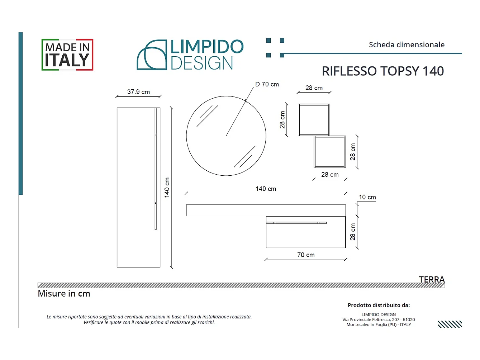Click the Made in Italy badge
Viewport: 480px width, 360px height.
pyautogui.click(x=67, y=55)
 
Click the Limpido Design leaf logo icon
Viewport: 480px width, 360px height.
pyautogui.click(x=152, y=55)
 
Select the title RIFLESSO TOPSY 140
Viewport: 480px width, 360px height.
pyautogui.click(x=382, y=71)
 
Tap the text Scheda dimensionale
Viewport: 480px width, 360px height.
pyautogui.click(x=407, y=45)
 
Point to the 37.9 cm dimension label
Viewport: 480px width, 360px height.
pyautogui.click(x=138, y=92)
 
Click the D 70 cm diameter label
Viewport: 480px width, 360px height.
pyautogui.click(x=267, y=84)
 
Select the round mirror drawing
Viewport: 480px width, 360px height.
pyautogui.click(x=226, y=136)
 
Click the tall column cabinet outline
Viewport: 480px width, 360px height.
pyautogui.click(x=138, y=187)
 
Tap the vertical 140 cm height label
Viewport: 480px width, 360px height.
pyautogui.click(x=167, y=188)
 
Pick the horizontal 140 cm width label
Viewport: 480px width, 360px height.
pyautogui.click(x=266, y=189)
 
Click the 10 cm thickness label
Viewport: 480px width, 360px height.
pyautogui.click(x=367, y=197)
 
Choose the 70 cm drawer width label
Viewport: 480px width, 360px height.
pyautogui.click(x=306, y=255)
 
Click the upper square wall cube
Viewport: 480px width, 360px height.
pyautogui.click(x=314, y=120)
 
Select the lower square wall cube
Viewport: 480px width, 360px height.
pyautogui.click(x=330, y=152)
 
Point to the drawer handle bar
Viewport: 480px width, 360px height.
pyautogui.click(x=297, y=223)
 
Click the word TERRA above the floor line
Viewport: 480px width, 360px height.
pyautogui.click(x=432, y=279)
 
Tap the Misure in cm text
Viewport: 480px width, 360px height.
pyautogui.click(x=64, y=294)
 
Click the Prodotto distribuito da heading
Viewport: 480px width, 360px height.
pyautogui.click(x=379, y=305)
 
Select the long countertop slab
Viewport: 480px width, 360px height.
pyautogui.click(x=266, y=210)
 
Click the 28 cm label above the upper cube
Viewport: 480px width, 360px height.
pyautogui.click(x=314, y=88)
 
